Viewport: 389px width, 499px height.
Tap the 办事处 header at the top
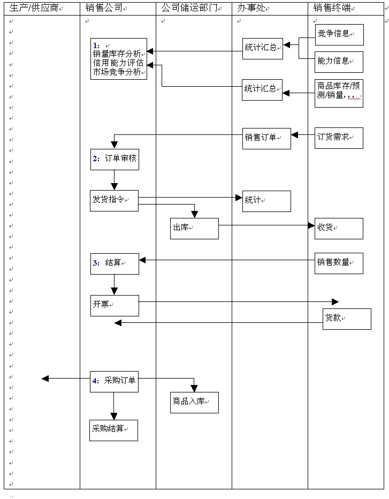tap(250, 8)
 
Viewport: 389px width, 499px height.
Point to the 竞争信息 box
tap(339, 34)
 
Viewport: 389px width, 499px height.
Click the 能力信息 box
tap(339, 62)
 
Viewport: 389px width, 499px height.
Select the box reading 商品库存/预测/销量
tap(339, 93)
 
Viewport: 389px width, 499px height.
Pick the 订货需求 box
tap(339, 138)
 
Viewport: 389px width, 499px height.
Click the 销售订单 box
tap(266, 138)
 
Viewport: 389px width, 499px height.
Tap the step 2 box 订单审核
tap(115, 159)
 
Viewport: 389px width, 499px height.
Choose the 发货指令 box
tap(114, 200)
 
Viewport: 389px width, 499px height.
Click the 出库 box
tap(194, 228)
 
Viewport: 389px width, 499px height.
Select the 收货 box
tap(339, 228)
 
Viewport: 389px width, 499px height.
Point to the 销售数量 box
tap(339, 263)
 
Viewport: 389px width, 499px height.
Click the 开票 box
tap(115, 305)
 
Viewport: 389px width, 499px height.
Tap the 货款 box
tap(346, 319)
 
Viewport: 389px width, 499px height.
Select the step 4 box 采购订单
tap(115, 381)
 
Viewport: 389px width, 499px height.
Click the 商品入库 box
tap(194, 402)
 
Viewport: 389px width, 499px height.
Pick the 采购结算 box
tap(113, 430)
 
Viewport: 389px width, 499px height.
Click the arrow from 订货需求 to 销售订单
tap(302, 134)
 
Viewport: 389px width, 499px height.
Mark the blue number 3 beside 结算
tap(95, 263)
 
